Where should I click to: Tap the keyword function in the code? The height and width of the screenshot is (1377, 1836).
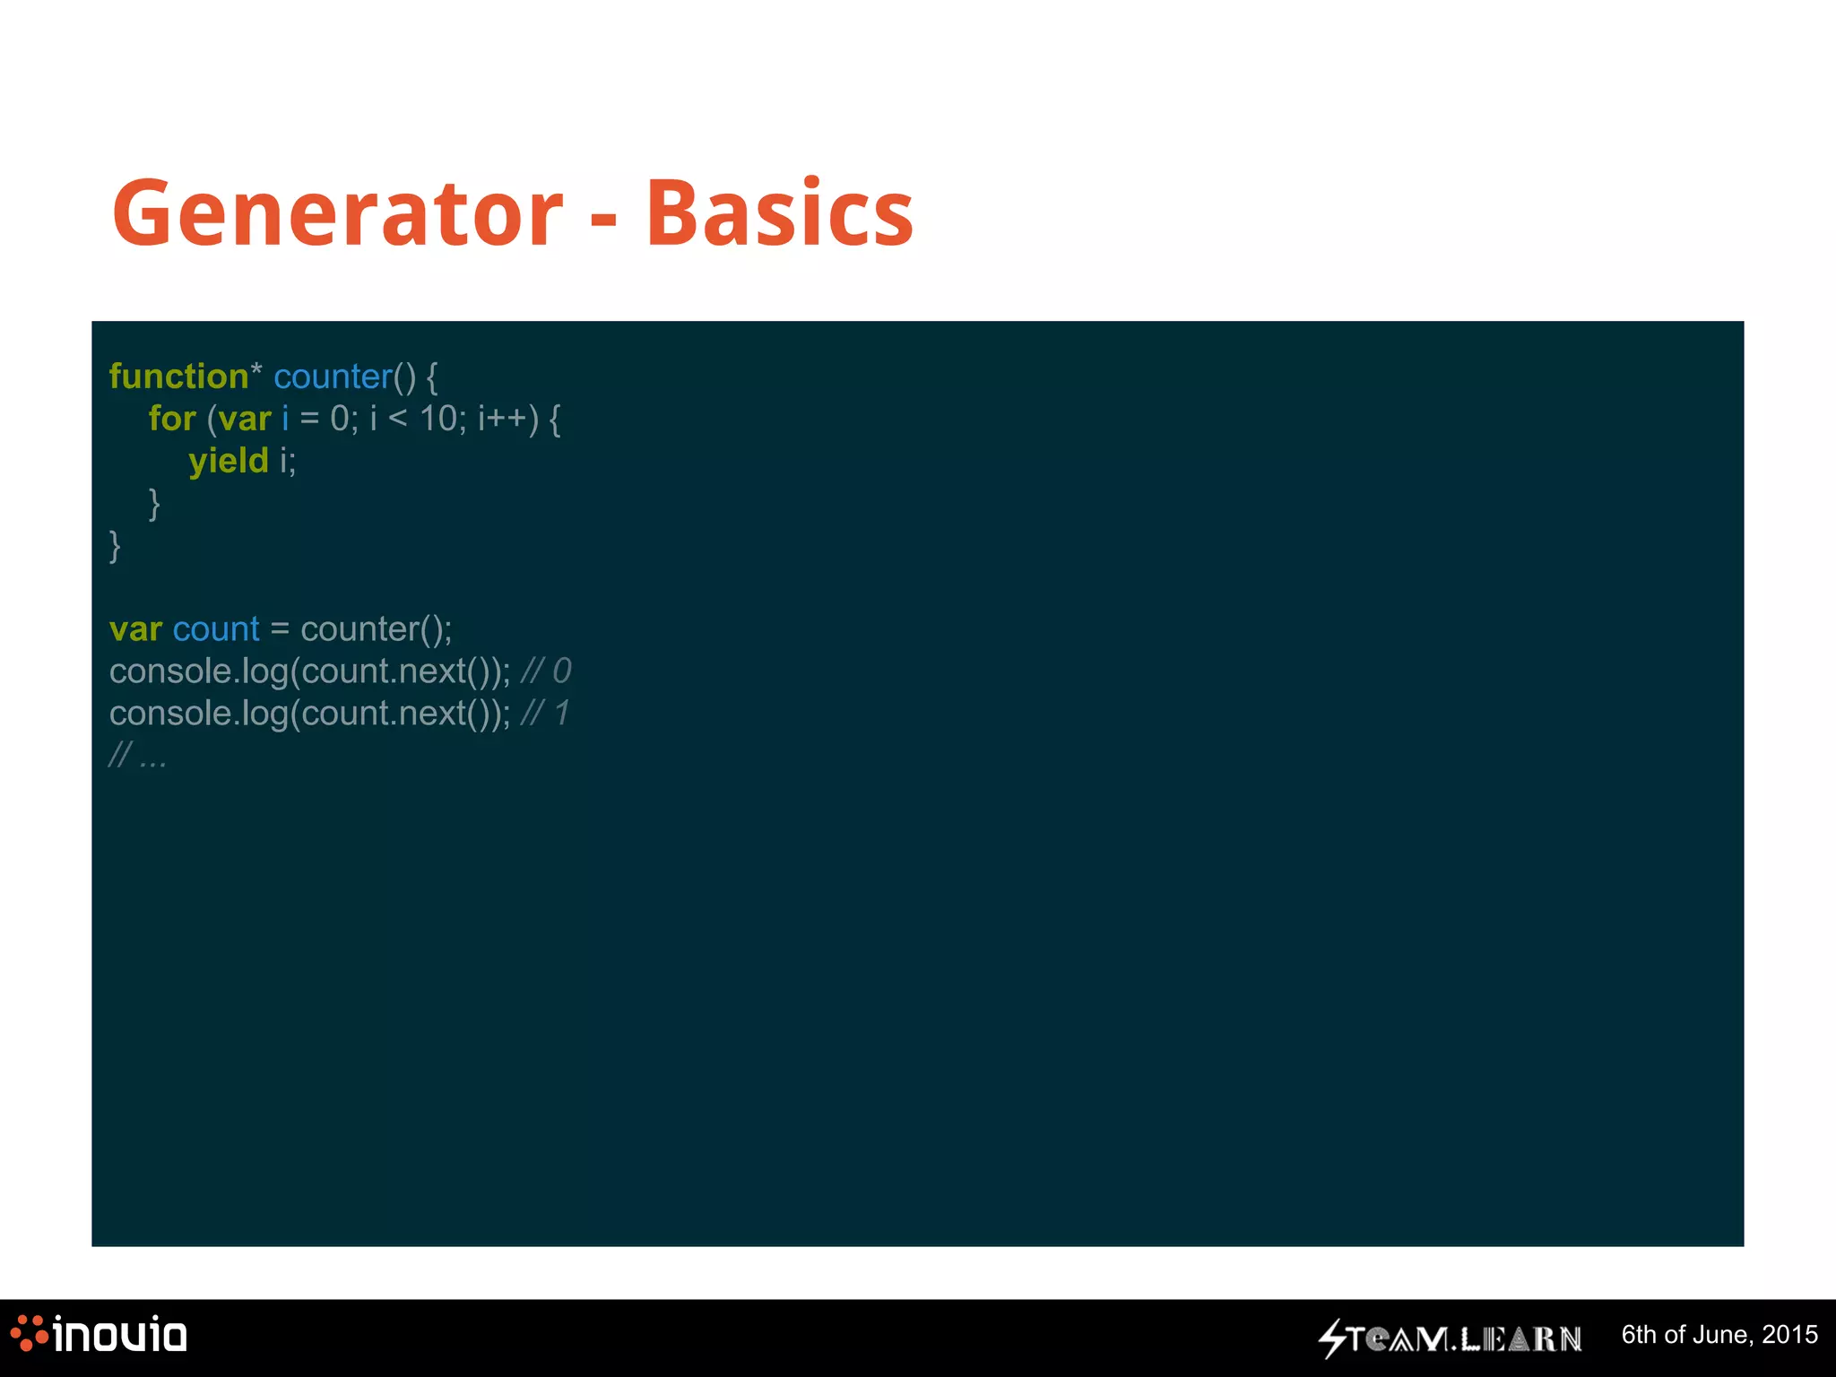pos(178,377)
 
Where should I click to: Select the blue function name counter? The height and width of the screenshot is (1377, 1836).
pos(333,377)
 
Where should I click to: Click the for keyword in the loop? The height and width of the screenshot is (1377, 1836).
pos(172,419)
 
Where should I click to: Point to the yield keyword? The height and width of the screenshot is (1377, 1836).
pos(229,461)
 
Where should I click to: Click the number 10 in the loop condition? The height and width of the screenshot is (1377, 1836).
pos(438,419)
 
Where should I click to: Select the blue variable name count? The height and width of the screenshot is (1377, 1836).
pos(216,629)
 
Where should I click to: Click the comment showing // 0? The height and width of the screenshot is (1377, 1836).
pos(545,671)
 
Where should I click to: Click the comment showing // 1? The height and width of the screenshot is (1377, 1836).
pos(544,714)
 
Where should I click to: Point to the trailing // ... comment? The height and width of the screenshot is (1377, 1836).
pos(137,756)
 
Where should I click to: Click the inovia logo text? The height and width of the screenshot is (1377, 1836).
pos(120,1336)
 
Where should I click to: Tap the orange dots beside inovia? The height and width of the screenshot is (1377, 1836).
pos(29,1333)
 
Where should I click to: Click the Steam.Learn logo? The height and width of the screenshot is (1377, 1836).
pos(1451,1338)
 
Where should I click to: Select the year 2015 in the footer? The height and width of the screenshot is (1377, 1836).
pos(1789,1335)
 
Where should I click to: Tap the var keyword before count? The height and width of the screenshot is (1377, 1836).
pos(135,629)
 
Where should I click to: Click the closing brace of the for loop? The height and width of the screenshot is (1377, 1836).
pos(154,503)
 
